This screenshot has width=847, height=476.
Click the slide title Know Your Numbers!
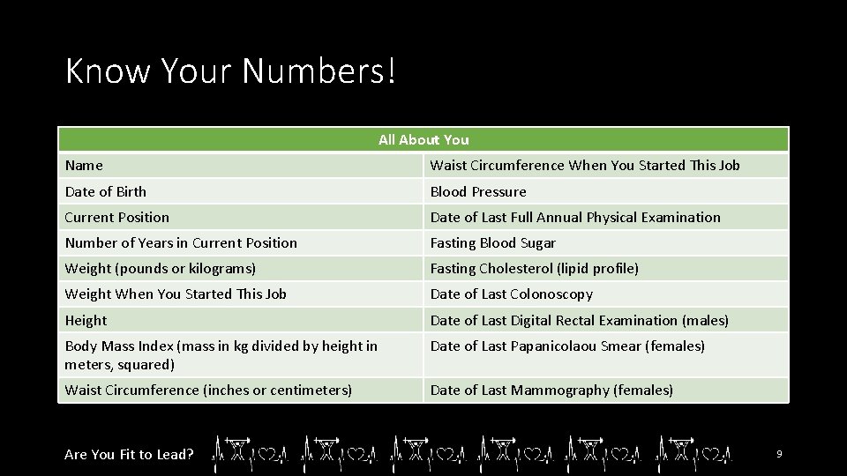coord(231,71)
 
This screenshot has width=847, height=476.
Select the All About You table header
coord(423,139)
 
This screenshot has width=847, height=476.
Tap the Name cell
coord(84,166)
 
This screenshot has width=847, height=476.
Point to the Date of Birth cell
coord(106,191)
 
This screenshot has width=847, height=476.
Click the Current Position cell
coord(116,217)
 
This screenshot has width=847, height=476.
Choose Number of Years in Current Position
coord(181,242)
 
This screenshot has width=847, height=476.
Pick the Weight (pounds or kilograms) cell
coord(160,268)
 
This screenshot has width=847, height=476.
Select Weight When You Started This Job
coord(176,294)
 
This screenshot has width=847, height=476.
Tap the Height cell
coord(86,320)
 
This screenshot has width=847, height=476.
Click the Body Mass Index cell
coord(221,354)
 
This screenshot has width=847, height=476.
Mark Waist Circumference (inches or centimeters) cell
coord(208,390)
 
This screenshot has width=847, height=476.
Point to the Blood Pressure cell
coord(478,191)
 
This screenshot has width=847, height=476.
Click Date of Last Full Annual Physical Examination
coord(575,217)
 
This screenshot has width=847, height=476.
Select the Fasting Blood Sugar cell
coord(493,242)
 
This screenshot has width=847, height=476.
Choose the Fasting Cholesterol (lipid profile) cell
coord(535,268)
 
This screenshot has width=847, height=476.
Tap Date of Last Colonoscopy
coord(512,294)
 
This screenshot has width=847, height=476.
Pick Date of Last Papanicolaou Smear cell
coord(567,346)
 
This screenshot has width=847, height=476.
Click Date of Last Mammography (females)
coord(551,390)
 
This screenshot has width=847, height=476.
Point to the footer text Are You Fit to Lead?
coord(129,454)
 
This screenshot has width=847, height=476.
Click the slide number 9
coord(779,454)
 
